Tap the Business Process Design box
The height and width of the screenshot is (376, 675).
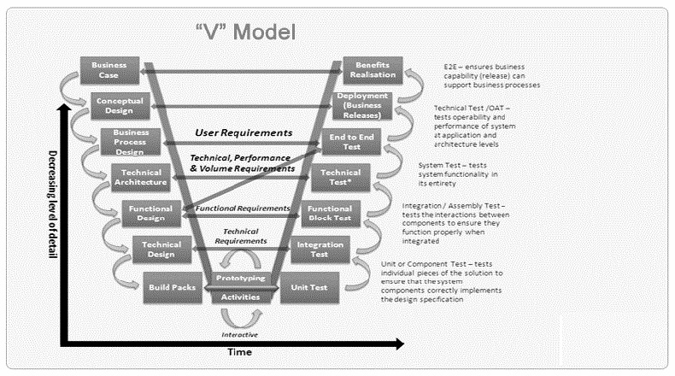[131, 141]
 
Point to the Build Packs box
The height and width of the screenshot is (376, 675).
[171, 287]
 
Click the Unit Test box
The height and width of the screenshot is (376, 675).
[310, 287]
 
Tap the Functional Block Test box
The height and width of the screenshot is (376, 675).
[330, 213]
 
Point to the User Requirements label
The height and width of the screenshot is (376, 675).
[244, 132]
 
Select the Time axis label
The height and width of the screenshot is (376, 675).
[238, 351]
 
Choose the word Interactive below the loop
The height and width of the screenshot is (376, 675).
[240, 334]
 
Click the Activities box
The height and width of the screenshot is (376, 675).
[240, 297]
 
